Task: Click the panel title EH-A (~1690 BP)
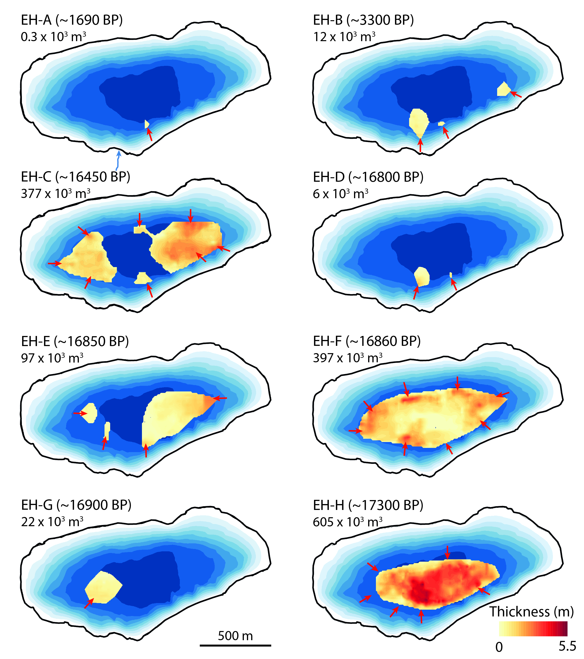click(x=72, y=20)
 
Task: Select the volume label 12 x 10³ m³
click(x=344, y=37)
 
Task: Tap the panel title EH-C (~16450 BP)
click(x=75, y=177)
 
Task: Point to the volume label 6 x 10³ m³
click(x=341, y=194)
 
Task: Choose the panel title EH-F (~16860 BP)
click(x=367, y=341)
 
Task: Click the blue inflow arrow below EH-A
click(x=118, y=160)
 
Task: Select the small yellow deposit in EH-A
click(x=147, y=124)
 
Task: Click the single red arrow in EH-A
click(x=149, y=134)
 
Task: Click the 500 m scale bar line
click(x=235, y=645)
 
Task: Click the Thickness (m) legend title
click(x=531, y=611)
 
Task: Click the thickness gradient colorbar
click(x=533, y=628)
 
